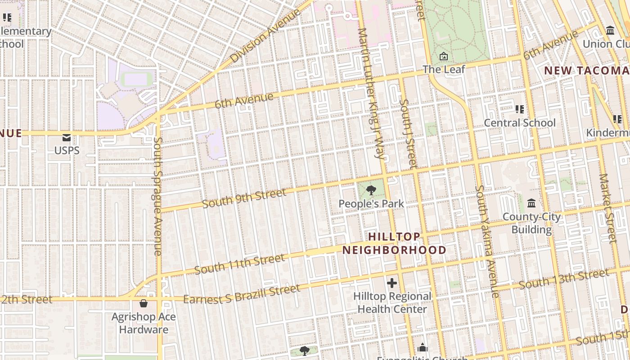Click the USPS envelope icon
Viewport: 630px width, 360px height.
pyautogui.click(x=67, y=137)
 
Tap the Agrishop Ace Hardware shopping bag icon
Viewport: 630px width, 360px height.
pyautogui.click(x=143, y=304)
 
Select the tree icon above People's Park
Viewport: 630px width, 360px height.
pyautogui.click(x=371, y=190)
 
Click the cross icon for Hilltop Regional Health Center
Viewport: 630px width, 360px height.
pyautogui.click(x=392, y=283)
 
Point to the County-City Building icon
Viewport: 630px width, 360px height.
pyautogui.click(x=531, y=203)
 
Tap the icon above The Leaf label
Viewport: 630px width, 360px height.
pyautogui.click(x=444, y=57)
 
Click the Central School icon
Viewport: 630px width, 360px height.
pyautogui.click(x=520, y=109)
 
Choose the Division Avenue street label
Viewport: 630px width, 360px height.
pyautogui.click(x=265, y=36)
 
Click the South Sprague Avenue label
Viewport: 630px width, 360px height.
pyautogui.click(x=157, y=196)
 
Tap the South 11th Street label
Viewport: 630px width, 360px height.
pyautogui.click(x=239, y=264)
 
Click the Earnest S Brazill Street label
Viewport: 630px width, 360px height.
pyautogui.click(x=242, y=294)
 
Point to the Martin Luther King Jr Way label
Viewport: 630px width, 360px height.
pyautogui.click(x=372, y=94)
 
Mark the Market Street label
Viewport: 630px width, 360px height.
pyautogui.click(x=607, y=208)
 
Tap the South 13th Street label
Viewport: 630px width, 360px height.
pyautogui.click(x=564, y=279)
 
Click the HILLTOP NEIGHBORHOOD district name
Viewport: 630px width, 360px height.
pyautogui.click(x=394, y=243)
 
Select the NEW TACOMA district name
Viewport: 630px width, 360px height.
pyautogui.click(x=587, y=71)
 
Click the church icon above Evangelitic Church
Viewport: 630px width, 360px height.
pyautogui.click(x=422, y=348)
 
